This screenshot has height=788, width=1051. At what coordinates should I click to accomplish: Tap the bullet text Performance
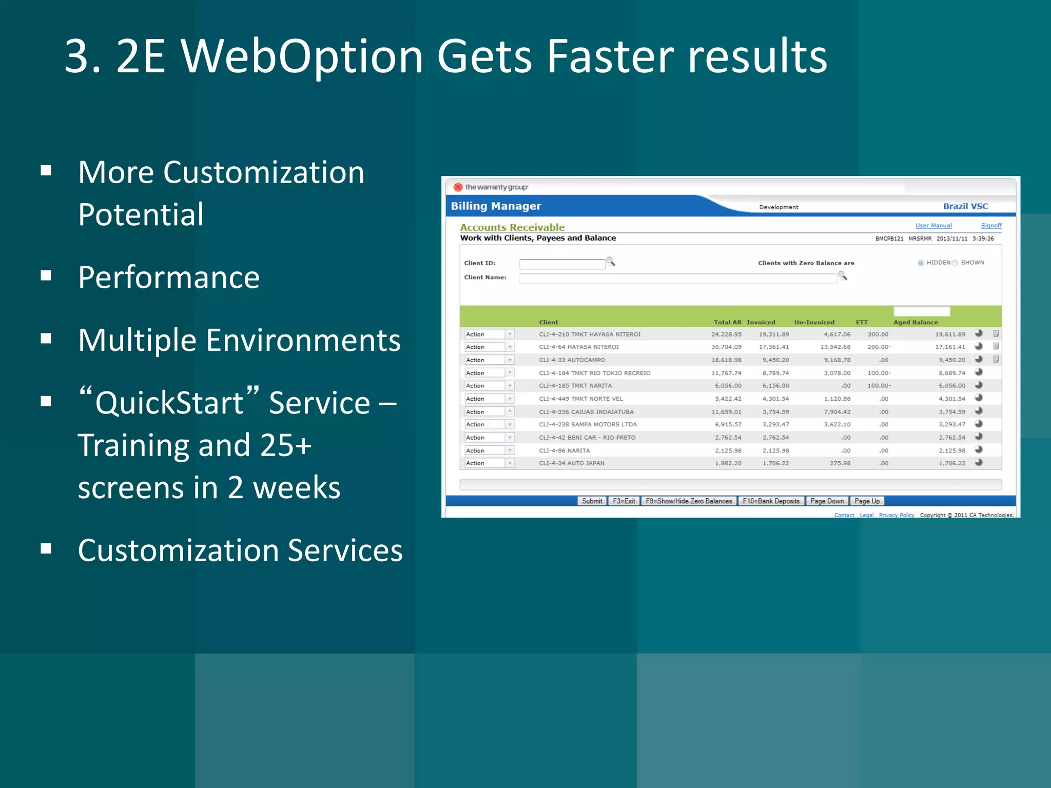coord(169,278)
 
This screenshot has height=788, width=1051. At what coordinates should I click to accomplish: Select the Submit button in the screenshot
coord(592,501)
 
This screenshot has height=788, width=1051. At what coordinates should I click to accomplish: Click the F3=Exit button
coord(624,501)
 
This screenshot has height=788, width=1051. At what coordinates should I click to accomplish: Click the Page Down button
coord(827,501)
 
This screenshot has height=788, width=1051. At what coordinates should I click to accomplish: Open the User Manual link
coord(933,226)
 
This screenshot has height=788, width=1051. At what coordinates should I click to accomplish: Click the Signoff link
coord(990,226)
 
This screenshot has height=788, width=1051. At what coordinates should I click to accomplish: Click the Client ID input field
coord(562,264)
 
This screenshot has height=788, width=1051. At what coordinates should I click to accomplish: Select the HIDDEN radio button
coord(921,263)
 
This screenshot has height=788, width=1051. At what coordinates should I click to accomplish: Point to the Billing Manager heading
coord(496,206)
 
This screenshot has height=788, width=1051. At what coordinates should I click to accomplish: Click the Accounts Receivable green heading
coord(512,227)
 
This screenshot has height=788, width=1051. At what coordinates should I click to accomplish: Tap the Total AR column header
coord(727,323)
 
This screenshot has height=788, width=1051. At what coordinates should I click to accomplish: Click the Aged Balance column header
coord(915,323)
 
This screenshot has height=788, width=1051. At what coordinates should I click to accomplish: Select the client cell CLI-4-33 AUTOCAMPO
coord(572,360)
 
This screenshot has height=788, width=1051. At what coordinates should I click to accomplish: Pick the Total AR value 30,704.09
coord(726,347)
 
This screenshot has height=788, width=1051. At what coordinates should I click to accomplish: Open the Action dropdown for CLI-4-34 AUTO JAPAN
coord(510,463)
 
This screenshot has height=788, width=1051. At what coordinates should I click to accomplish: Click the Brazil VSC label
coord(965,206)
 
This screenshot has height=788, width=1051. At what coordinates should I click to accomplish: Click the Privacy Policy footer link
coord(896,515)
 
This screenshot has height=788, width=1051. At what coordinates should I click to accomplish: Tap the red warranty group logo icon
coord(458,187)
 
